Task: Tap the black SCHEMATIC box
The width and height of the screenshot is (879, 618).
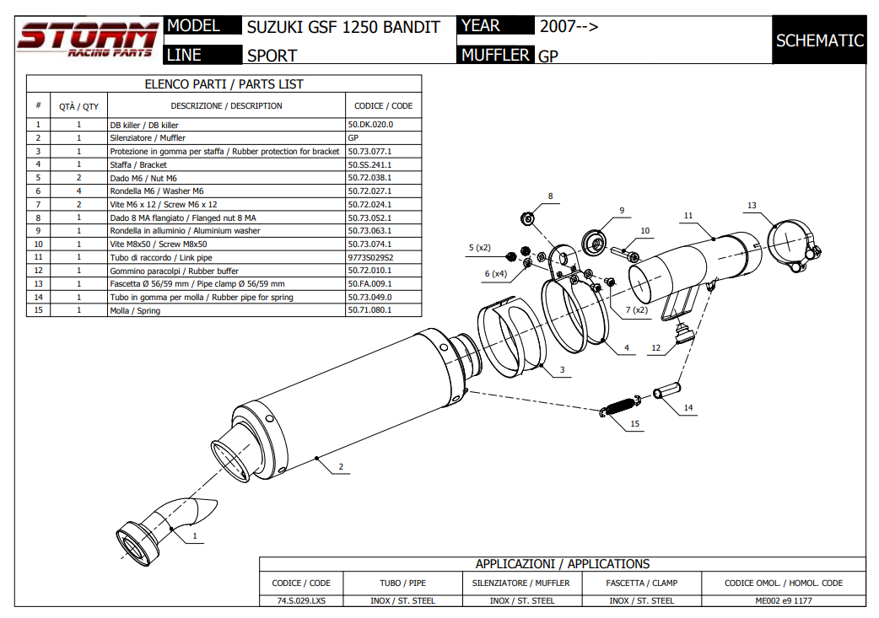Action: click(819, 40)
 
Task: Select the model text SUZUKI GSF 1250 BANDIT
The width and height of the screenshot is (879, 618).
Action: click(343, 27)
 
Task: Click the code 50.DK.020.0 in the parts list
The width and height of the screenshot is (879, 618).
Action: click(370, 125)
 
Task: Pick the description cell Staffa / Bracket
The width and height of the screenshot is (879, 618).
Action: click(138, 164)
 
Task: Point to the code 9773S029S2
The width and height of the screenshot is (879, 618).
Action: click(371, 257)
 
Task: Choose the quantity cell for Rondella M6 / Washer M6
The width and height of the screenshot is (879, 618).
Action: click(78, 191)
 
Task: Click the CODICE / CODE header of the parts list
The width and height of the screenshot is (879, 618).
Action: click(383, 106)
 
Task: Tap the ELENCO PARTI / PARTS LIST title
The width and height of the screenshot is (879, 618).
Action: click(224, 84)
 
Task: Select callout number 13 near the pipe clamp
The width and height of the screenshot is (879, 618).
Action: click(752, 206)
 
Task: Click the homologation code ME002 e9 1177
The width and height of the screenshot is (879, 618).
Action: click(784, 601)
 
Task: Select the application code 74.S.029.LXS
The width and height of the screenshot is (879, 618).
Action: click(301, 601)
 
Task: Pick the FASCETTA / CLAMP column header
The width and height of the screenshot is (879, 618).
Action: click(641, 583)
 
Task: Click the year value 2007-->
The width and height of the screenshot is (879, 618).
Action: click(569, 26)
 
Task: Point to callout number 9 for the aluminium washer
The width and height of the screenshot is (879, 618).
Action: click(621, 211)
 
